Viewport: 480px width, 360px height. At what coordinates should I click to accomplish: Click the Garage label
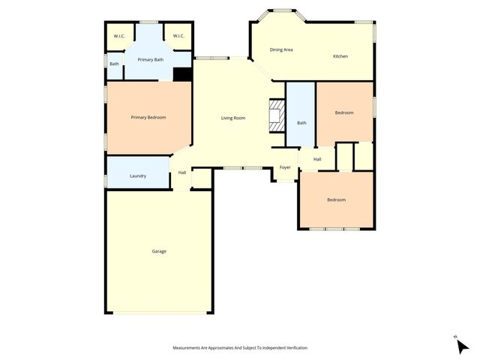coord(159,251)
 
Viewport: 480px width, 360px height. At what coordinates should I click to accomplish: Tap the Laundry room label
coord(138,176)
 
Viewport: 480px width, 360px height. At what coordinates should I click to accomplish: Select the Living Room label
coord(232,118)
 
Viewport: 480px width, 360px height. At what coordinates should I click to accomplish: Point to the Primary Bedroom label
coord(148,117)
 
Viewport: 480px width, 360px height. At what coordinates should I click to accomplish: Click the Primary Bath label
coord(150,59)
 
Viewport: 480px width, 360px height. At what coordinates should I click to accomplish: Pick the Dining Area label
coord(281,49)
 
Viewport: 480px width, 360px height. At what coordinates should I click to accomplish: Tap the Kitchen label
coord(340,56)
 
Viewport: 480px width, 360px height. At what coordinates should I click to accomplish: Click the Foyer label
coord(285,167)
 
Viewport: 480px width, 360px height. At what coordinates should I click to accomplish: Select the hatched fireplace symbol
coord(277,115)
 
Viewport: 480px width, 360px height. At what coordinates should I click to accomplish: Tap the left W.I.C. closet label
coord(119,36)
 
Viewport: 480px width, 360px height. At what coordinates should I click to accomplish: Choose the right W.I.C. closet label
coord(178,36)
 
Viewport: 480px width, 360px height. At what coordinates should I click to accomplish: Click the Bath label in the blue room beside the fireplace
coord(301,123)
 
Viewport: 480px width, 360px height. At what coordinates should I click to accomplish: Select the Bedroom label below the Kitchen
coord(344,112)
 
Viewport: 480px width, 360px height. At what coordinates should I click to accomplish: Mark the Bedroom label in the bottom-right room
coord(336,199)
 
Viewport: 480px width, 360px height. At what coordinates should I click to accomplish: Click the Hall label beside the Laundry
coord(182,173)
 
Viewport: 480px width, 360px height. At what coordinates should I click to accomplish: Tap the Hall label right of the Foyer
coord(317,159)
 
